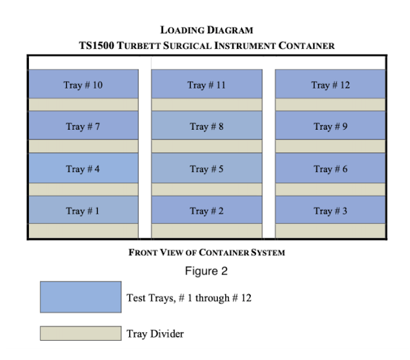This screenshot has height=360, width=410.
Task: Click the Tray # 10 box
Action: tap(83, 84)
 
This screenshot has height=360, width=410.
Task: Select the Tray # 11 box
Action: tap(207, 84)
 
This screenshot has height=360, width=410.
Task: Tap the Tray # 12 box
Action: tap(330, 84)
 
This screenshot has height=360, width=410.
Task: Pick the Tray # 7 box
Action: tap(83, 126)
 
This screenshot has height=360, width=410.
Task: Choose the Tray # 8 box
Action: tap(207, 126)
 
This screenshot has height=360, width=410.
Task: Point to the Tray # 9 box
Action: tap(330, 126)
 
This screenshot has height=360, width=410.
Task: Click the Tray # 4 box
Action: tap(83, 168)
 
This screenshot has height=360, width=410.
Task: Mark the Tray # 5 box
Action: tap(207, 168)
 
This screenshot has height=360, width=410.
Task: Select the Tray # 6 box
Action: tap(330, 168)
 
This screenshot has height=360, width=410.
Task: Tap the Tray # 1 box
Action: tap(83, 210)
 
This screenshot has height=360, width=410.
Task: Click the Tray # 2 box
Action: tap(207, 210)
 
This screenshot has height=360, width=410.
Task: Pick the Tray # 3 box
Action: tap(330, 210)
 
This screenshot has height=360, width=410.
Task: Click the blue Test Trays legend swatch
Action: tap(81, 297)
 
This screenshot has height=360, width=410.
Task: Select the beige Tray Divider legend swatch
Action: tap(81, 333)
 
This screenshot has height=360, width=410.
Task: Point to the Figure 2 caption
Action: tap(207, 271)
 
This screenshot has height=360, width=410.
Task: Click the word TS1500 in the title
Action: tap(97, 46)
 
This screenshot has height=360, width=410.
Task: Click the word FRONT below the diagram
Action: tap(143, 253)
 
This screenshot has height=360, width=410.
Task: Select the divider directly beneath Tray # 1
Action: tap(83, 231)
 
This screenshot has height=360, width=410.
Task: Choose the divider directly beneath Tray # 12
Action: tap(330, 105)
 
